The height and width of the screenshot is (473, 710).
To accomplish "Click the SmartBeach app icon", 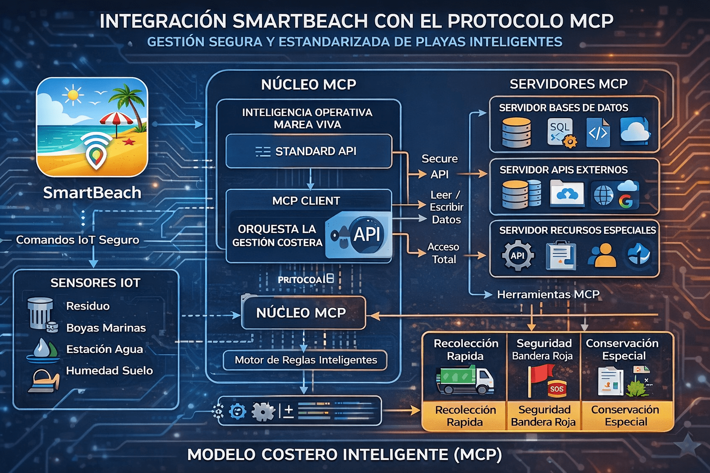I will coord(92,127).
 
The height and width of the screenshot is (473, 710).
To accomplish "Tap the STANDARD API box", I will coord(308,151).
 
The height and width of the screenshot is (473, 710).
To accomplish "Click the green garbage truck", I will coord(465,380).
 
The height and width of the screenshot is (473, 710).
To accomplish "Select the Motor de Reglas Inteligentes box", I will coord(305,360).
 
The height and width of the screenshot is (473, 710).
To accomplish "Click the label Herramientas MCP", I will coord(548,294).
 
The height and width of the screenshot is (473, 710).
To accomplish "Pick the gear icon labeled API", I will coord(517,255).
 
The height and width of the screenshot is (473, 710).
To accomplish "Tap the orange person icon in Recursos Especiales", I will coord(602,255).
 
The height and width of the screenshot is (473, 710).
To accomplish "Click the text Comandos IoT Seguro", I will coord(77,240).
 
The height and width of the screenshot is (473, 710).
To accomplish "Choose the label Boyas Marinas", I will coord(106,327).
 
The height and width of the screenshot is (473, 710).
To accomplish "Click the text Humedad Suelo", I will coord(109,370).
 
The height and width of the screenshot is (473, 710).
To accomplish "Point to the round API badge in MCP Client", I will coord(367,234).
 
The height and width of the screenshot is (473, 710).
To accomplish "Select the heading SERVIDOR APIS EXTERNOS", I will coord(563,170).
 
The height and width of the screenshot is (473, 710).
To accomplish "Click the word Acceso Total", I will coord(443,253).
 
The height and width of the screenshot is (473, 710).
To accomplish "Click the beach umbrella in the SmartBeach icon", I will coord(116,120).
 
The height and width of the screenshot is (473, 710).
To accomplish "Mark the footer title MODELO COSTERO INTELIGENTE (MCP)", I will coord(344,455).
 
